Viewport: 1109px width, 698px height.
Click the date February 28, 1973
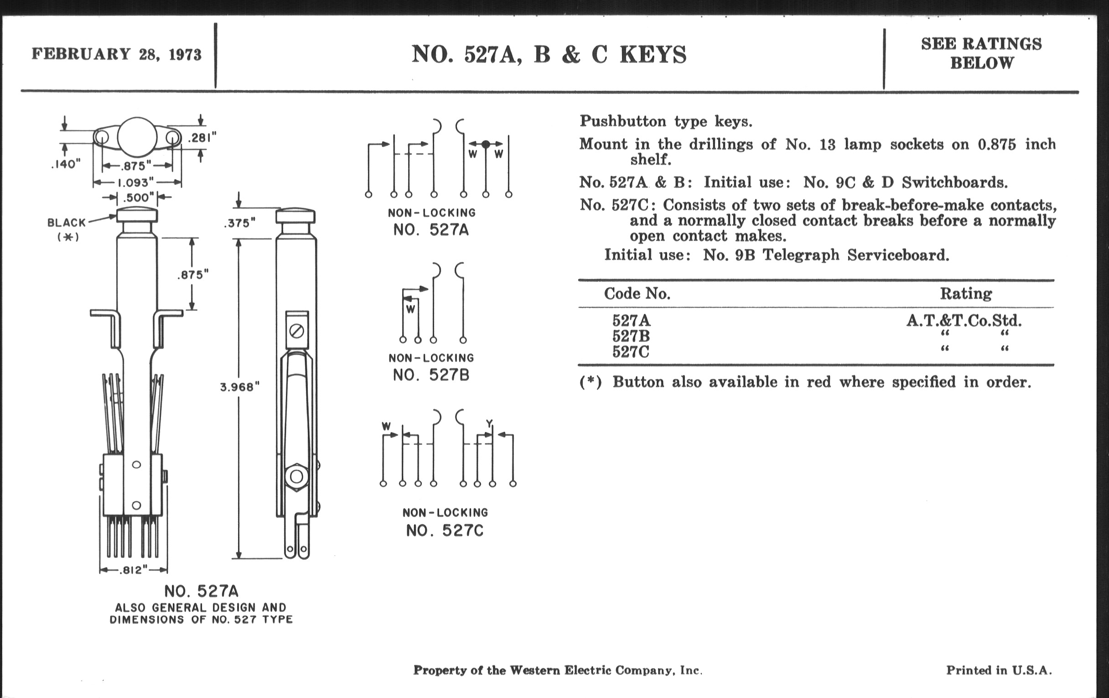point(116,54)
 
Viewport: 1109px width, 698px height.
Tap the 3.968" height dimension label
point(239,387)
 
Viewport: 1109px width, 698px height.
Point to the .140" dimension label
point(66,164)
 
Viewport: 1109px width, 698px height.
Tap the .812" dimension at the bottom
point(133,570)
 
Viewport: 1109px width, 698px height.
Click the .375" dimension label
point(239,224)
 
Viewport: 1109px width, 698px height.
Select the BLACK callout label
point(67,223)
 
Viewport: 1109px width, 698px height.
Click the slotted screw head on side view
point(297,331)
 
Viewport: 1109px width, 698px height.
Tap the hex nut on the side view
point(296,476)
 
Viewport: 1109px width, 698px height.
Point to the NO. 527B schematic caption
point(431,375)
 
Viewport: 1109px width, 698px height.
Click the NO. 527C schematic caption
point(445,531)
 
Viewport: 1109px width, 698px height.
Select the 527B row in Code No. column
point(631,336)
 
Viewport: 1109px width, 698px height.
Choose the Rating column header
point(966,293)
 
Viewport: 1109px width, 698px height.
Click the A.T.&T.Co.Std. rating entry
point(964,321)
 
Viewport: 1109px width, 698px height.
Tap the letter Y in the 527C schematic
point(489,423)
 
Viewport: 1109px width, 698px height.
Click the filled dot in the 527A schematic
point(486,144)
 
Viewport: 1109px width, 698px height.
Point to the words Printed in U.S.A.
point(999,670)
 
